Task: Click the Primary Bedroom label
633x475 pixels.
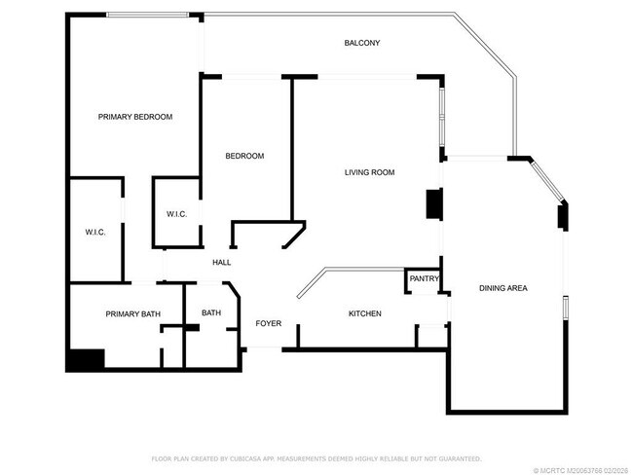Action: click(135, 117)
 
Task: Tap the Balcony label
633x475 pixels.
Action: click(362, 43)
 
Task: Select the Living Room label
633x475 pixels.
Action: click(369, 172)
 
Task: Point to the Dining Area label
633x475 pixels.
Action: click(503, 288)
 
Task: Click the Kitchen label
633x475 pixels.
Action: click(365, 313)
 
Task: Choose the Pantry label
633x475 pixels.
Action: click(424, 279)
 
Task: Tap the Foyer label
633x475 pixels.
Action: click(269, 322)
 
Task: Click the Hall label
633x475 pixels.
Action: click(221, 262)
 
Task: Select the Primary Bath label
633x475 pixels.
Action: click(132, 313)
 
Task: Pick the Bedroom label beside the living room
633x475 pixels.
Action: click(244, 156)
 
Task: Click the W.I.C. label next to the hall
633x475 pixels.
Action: click(176, 214)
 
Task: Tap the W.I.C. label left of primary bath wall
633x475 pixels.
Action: click(94, 232)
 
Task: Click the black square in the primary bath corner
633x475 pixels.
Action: click(86, 359)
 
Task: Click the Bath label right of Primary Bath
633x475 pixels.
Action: click(211, 312)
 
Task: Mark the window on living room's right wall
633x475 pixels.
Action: click(442, 118)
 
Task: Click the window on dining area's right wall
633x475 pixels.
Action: click(564, 308)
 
